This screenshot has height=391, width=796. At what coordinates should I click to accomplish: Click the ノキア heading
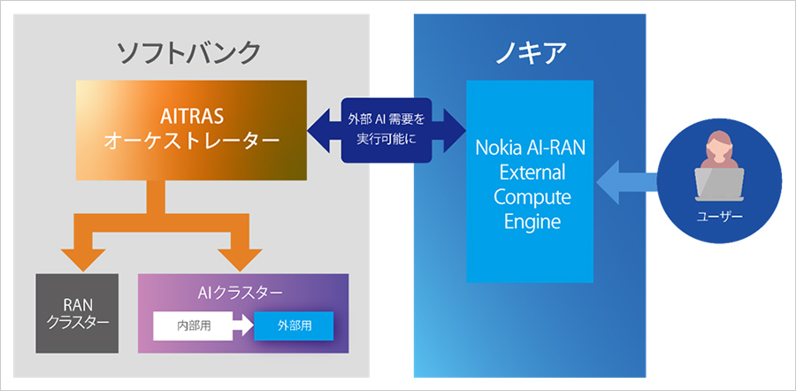[532, 51]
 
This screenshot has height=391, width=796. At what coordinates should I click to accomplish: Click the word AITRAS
[191, 115]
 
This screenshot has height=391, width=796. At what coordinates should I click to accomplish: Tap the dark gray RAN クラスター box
[77, 312]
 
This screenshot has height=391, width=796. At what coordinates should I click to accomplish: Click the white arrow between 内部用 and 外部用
[239, 326]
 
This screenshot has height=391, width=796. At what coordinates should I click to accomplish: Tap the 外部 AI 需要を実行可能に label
[387, 129]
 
